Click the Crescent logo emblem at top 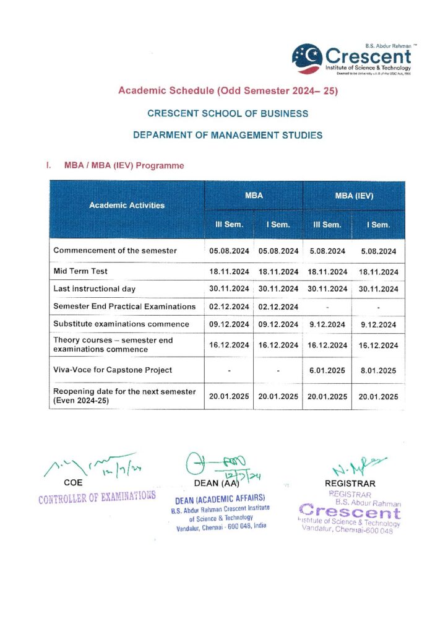pyautogui.click(x=307, y=56)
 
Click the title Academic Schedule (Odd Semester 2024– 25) pyautogui.click(x=228, y=91)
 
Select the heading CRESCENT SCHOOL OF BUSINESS pyautogui.click(x=228, y=113)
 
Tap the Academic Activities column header pyautogui.click(x=127, y=205)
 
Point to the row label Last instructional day pyautogui.click(x=94, y=289)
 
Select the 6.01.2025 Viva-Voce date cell pyautogui.click(x=327, y=370)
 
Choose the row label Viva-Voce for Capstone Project pyautogui.click(x=113, y=370)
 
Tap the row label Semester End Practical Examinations pyautogui.click(x=124, y=306)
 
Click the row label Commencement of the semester pyautogui.click(x=115, y=251)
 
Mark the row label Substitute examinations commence pyautogui.click(x=121, y=324)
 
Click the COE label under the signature pyautogui.click(x=73, y=483)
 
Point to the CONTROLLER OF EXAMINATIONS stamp pyautogui.click(x=97, y=496)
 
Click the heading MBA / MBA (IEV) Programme pyautogui.click(x=124, y=166)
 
